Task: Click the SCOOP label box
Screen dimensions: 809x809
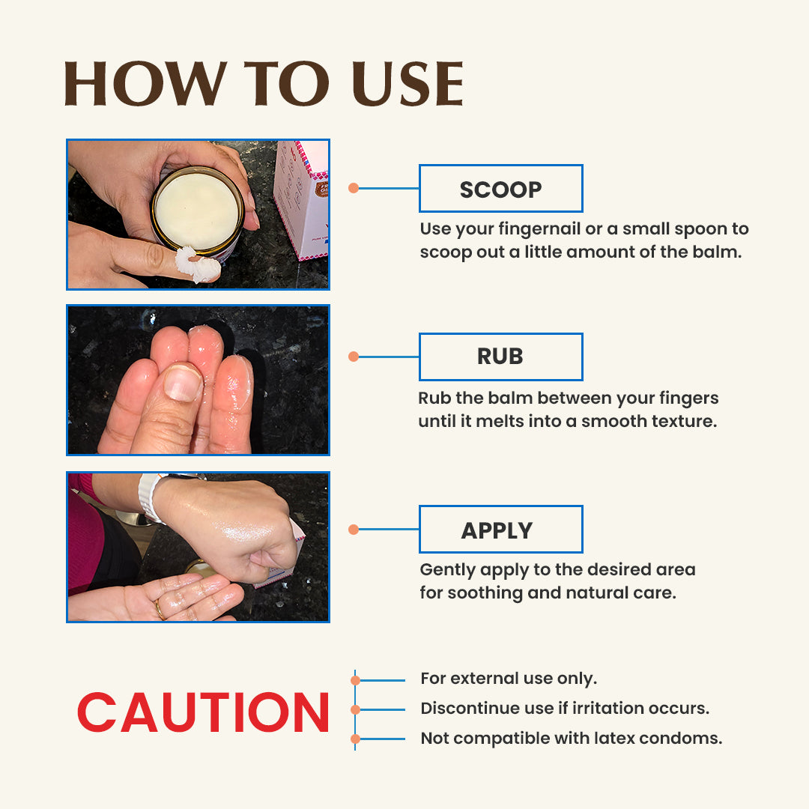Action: pos(501,188)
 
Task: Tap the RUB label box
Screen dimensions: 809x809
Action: pos(501,357)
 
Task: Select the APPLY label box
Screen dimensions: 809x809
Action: pos(501,530)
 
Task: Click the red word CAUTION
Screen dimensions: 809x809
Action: pos(203,712)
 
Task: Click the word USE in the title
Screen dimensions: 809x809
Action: pos(407,84)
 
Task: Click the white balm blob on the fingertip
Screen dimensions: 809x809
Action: pos(198,264)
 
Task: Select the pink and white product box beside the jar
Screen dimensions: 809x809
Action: pos(303,200)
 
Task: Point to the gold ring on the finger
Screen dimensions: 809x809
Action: pos(160,610)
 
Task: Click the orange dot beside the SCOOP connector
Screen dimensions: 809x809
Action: pos(354,188)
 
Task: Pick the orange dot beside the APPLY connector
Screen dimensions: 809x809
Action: pos(354,530)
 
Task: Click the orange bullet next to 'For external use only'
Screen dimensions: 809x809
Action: pos(356,680)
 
